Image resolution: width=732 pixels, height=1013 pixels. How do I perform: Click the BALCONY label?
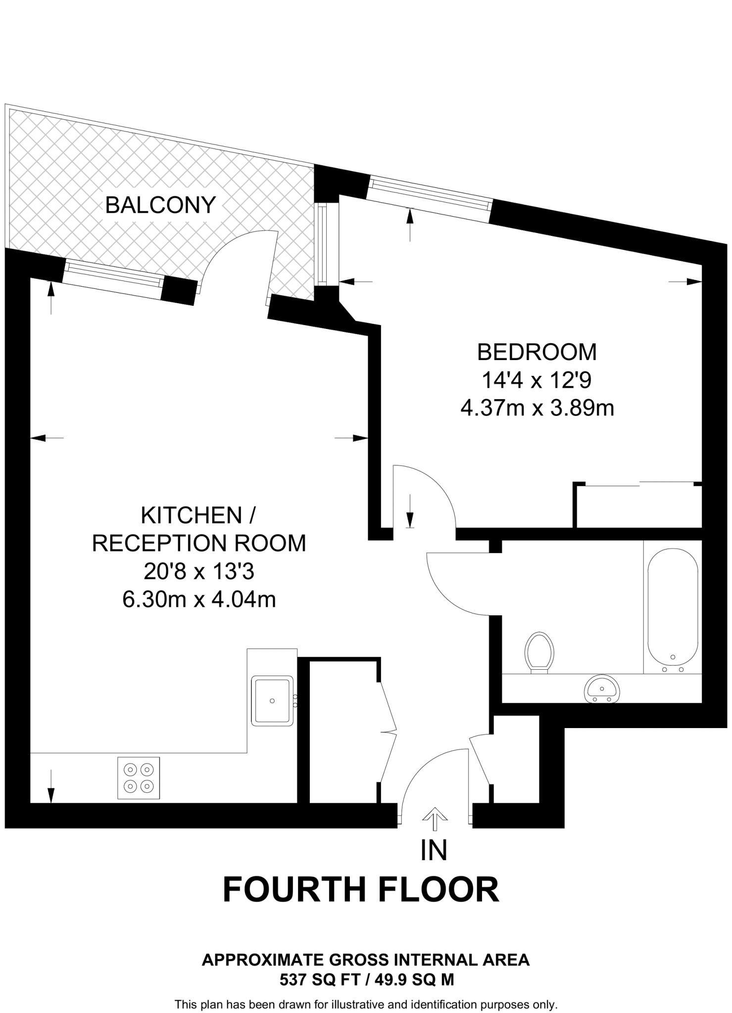(160, 205)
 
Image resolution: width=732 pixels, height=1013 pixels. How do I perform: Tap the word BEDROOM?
(537, 352)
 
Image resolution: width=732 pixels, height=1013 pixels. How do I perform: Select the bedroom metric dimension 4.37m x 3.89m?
(537, 409)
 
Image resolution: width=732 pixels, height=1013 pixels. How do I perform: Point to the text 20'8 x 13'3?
(199, 572)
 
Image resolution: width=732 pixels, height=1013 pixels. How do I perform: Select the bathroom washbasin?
(601, 689)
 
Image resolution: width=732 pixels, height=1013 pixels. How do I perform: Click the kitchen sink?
(272, 701)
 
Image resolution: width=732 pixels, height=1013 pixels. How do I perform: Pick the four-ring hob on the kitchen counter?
(139, 778)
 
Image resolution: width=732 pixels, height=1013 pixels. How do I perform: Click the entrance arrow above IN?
(434, 819)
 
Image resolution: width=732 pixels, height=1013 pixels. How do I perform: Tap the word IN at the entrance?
(434, 850)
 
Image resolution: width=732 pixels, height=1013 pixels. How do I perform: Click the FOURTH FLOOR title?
(361, 889)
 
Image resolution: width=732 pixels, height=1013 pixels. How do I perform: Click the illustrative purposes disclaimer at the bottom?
(366, 1005)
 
